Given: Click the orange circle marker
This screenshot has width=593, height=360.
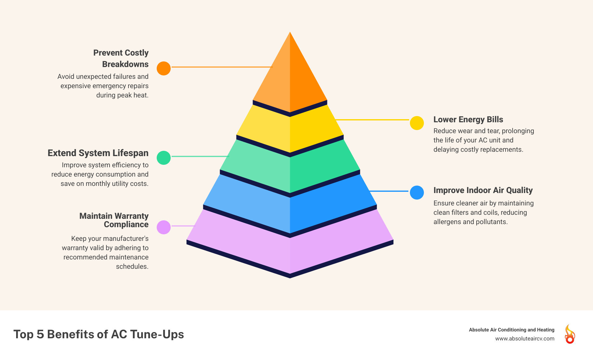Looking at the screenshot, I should coord(164,68).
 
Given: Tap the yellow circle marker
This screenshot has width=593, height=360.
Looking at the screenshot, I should coord(417,123).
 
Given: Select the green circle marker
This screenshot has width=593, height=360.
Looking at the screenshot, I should coord(164,158).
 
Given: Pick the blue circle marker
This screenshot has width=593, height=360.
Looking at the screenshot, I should coord(417,192).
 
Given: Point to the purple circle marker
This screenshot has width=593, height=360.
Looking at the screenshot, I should coord(164,227).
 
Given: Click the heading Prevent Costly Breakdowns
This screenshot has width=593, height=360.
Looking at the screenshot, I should coord(121,58).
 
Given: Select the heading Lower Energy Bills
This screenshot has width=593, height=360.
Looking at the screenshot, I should coord(468,119).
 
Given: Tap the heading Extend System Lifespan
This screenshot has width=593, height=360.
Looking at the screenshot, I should coord(98,153).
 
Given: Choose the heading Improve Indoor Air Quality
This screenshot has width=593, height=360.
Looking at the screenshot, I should coord(483,190).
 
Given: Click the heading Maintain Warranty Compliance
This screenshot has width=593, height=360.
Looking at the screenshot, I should coord(114,220).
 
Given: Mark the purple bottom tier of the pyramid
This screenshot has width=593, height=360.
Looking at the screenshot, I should coord(290,248).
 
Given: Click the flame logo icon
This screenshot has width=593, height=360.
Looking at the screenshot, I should coord(570,334).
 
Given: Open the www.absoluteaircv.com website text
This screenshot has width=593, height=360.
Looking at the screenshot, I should coord(524,339).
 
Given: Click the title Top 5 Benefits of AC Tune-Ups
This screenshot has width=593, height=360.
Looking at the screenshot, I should coord(99,334).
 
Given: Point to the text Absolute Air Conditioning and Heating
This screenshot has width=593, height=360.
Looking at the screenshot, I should coord(511,330).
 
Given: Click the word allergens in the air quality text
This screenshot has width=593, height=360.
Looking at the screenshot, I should coord(447,222).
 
